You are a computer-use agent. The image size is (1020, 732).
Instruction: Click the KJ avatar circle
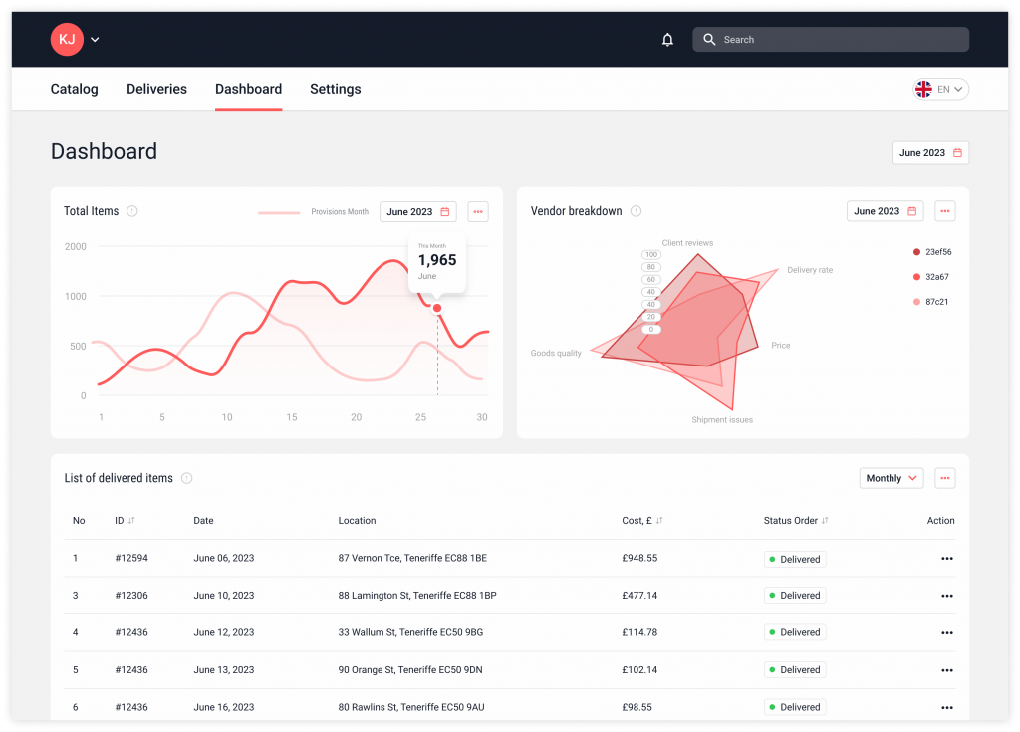pyautogui.click(x=67, y=39)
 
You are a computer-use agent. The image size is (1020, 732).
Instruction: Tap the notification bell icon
pyautogui.click(x=667, y=40)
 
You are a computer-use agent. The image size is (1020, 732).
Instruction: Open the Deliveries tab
pyautogui.click(x=156, y=89)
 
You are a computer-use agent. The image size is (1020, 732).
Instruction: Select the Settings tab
pyautogui.click(x=335, y=89)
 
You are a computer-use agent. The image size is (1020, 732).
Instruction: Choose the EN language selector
pyautogui.click(x=940, y=89)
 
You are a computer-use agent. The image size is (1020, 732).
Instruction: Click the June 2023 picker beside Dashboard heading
pyautogui.click(x=930, y=153)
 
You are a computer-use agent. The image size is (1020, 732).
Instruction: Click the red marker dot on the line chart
pyautogui.click(x=437, y=308)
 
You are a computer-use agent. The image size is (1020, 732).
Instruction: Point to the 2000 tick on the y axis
pyautogui.click(x=75, y=246)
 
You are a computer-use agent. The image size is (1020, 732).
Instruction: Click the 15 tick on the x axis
pyautogui.click(x=292, y=417)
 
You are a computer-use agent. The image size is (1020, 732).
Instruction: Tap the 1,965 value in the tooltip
pyautogui.click(x=437, y=260)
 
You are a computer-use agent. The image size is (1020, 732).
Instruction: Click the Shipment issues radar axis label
pyautogui.click(x=722, y=420)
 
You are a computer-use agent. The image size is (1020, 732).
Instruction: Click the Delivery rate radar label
pyautogui.click(x=810, y=270)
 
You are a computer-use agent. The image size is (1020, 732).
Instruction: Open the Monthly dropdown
pyautogui.click(x=891, y=478)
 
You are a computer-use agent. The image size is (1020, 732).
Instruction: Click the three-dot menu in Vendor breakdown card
pyautogui.click(x=945, y=211)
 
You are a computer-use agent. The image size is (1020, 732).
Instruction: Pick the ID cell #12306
pyautogui.click(x=131, y=596)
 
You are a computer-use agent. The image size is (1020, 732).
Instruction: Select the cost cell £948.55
pyautogui.click(x=639, y=559)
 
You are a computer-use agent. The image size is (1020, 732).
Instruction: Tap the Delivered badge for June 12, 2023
pyautogui.click(x=795, y=632)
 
